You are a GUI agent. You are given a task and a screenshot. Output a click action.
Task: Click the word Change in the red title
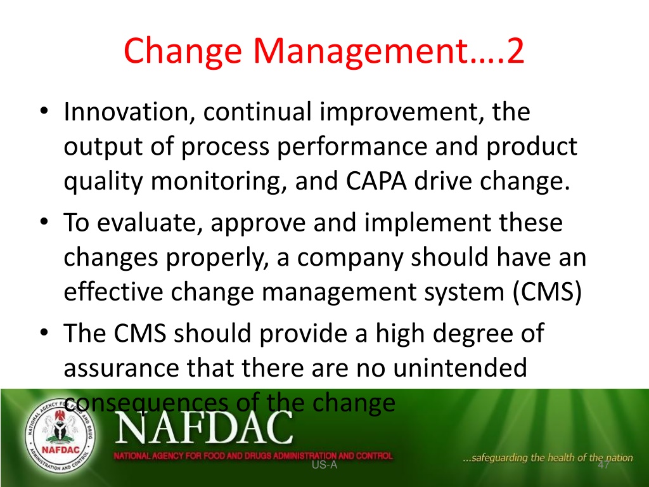click(183, 51)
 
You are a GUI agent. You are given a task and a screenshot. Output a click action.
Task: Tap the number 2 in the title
click(515, 51)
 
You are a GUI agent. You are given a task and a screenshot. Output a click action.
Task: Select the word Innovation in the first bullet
click(126, 112)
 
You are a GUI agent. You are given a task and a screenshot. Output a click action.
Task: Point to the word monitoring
click(214, 182)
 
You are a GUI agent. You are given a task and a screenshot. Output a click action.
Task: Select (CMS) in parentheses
click(547, 292)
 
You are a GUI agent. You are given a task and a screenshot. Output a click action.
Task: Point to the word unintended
click(460, 367)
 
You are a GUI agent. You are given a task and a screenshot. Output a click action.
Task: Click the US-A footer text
click(324, 465)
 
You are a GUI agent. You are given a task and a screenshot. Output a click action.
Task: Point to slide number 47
click(603, 465)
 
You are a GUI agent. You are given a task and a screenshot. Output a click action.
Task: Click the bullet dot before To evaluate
click(44, 221)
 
